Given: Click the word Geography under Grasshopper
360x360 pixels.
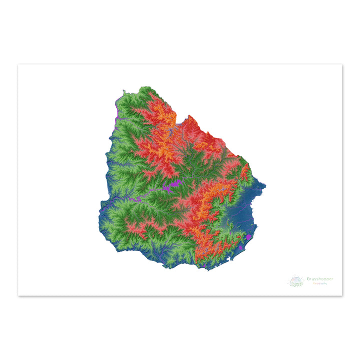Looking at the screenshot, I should tap(320, 283).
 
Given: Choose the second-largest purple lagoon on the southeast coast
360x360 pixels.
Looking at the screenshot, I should tap(241, 246).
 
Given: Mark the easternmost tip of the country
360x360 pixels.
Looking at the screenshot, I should tap(266, 187).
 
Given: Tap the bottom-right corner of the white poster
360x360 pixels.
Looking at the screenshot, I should tap(342, 295).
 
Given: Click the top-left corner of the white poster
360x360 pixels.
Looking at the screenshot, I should tap(18, 64).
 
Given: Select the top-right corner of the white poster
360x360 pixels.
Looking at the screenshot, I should tap(342, 64).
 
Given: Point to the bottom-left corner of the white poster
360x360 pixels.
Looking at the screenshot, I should tap(18, 295).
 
